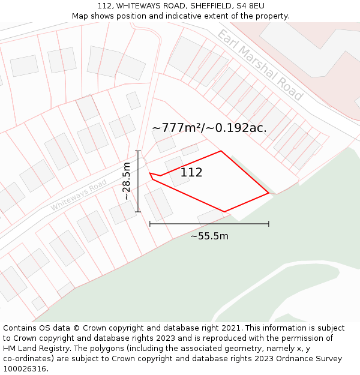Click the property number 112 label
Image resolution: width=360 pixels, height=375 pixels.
tap(191, 173)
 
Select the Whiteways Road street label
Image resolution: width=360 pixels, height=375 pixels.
tap(79, 197)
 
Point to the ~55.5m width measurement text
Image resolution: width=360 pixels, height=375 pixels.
tap(209, 236)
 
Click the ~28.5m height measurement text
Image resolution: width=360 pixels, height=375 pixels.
tap(126, 181)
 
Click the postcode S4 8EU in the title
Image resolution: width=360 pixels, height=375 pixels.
tap(250, 6)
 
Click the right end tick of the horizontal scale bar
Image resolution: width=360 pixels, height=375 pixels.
tap(269, 224)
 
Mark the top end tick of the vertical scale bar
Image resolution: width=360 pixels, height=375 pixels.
tap(138, 151)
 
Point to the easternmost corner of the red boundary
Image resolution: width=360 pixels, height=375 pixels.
tap(269, 193)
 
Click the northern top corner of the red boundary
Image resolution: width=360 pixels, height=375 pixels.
tap(221, 151)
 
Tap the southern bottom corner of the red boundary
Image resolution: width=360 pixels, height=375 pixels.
tap(224, 212)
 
